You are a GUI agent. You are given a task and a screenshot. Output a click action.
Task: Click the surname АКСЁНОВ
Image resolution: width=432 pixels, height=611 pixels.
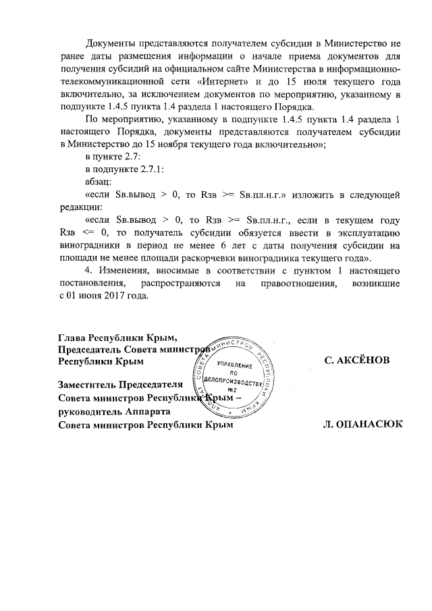pos(357,361)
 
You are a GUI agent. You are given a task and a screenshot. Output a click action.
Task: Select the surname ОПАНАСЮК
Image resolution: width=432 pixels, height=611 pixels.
pos(365,425)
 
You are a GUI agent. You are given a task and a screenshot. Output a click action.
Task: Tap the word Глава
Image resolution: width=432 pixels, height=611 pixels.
pos(73,336)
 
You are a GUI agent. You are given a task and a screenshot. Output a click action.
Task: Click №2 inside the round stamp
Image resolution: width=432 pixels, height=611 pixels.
pos(232,391)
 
